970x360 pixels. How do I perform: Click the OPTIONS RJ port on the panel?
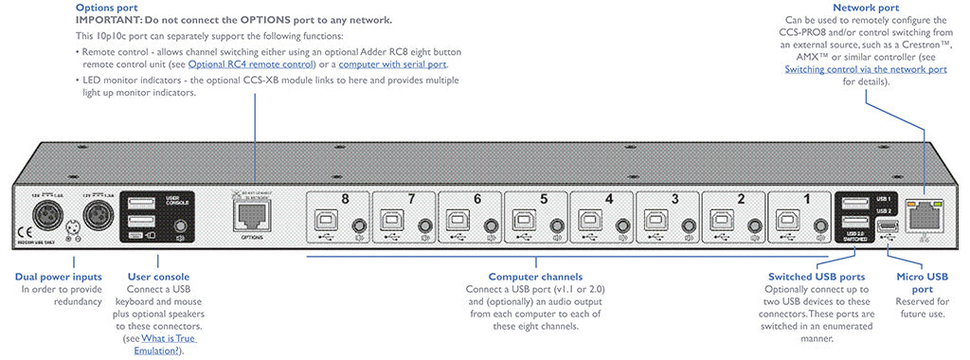[x=249, y=218]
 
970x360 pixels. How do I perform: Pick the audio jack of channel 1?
[x=819, y=225]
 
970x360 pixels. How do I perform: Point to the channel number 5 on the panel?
[x=543, y=199]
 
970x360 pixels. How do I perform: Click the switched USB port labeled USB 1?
[x=853, y=203]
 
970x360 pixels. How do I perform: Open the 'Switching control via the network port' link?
[x=866, y=69]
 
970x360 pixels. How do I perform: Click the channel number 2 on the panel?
[x=741, y=199]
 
